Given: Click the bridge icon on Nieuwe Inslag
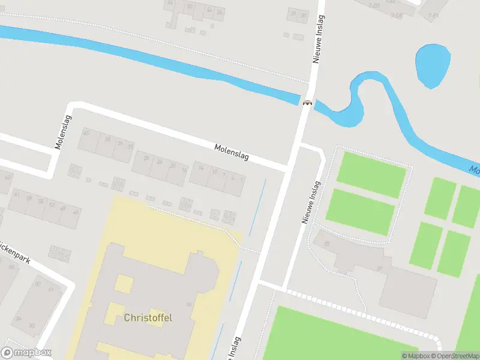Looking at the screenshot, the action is click(x=307, y=103).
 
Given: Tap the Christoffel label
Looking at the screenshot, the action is click(x=148, y=317).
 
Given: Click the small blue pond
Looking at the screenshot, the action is click(x=433, y=64).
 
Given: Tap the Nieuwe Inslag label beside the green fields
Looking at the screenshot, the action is click(x=310, y=202).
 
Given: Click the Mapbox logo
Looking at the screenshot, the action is click(x=26, y=353).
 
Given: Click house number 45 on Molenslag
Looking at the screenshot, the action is click(x=86, y=133).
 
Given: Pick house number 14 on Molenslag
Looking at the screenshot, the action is click(x=201, y=168).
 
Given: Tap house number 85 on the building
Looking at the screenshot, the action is click(x=327, y=244).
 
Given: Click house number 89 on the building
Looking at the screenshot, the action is click(x=379, y=268).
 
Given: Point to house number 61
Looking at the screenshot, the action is click(x=16, y=194).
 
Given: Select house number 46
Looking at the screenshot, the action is click(x=76, y=212).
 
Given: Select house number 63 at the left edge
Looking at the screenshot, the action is click(x=8, y=177).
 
